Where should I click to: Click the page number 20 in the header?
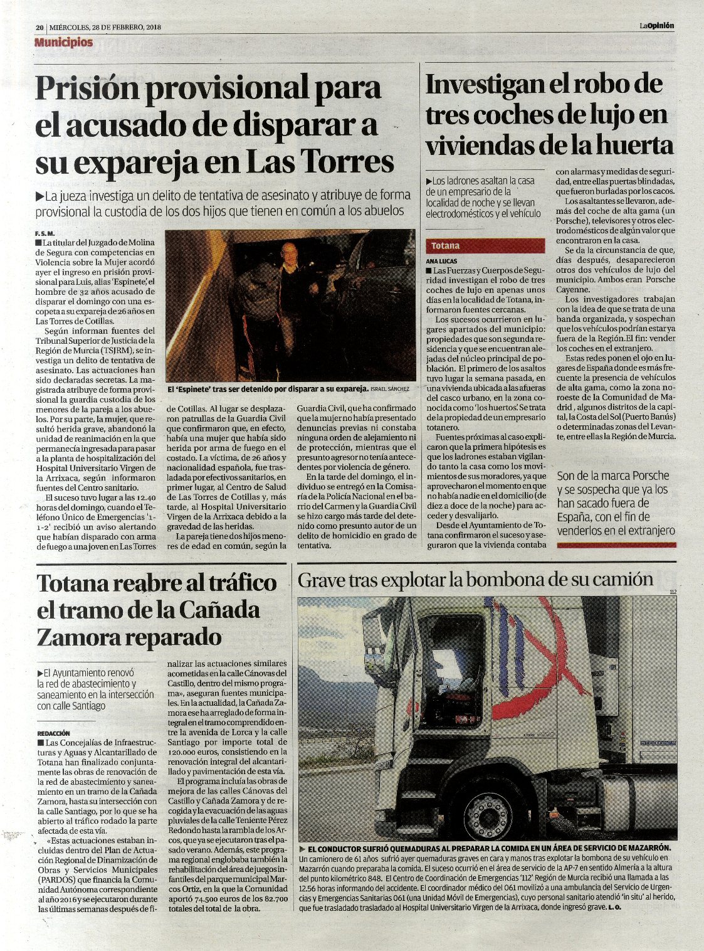[x=39, y=28]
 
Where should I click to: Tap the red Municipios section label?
[x=64, y=43]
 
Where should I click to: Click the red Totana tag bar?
[x=486, y=246]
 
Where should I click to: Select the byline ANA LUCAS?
[x=441, y=261]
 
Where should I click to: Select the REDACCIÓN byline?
[x=53, y=733]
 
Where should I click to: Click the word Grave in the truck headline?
[x=320, y=580]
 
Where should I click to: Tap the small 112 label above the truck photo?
[x=673, y=592]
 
